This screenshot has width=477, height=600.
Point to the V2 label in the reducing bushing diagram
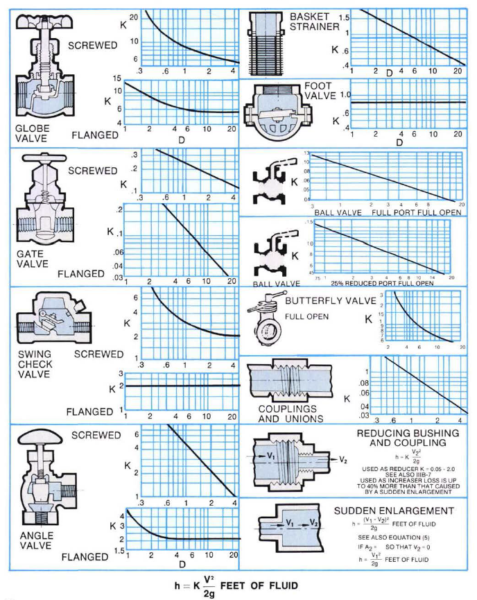[x=345, y=459]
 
